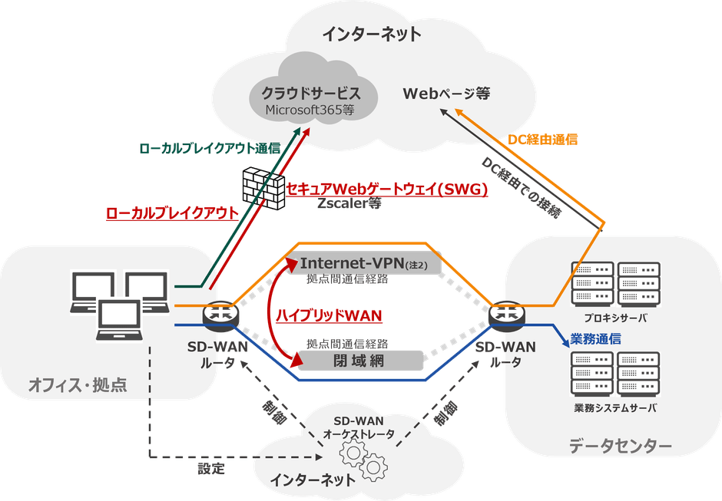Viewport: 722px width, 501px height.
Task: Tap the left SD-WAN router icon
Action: click(x=220, y=314)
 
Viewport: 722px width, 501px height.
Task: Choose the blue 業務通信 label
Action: click(x=596, y=338)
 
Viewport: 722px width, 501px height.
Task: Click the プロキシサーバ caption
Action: click(x=615, y=317)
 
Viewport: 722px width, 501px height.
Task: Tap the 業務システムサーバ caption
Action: click(x=615, y=407)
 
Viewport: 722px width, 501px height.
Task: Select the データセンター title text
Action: click(x=621, y=446)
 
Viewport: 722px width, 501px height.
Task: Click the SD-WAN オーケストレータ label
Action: click(x=359, y=427)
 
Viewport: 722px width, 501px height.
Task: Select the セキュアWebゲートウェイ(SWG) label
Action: click(x=387, y=190)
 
